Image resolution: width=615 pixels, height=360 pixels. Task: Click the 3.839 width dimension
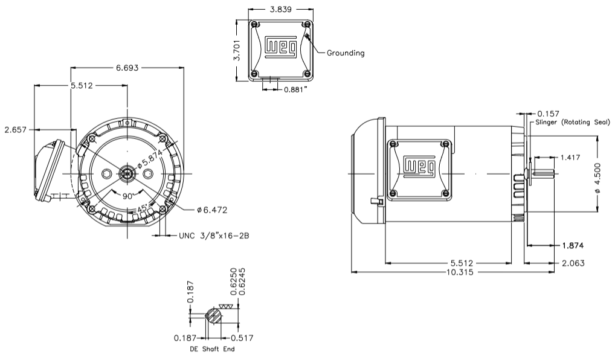click(281, 10)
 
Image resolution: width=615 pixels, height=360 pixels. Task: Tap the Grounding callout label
click(346, 53)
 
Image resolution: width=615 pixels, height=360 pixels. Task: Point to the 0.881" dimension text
click(296, 89)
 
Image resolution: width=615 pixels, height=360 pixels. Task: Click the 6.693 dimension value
click(127, 68)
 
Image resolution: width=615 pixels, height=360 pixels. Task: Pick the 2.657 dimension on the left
click(15, 129)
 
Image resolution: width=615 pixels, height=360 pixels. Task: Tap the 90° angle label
click(128, 196)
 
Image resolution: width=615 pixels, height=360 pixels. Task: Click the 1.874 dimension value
click(572, 246)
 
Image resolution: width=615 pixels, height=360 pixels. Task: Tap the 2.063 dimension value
click(572, 263)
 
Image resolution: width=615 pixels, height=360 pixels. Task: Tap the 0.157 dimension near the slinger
click(548, 113)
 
